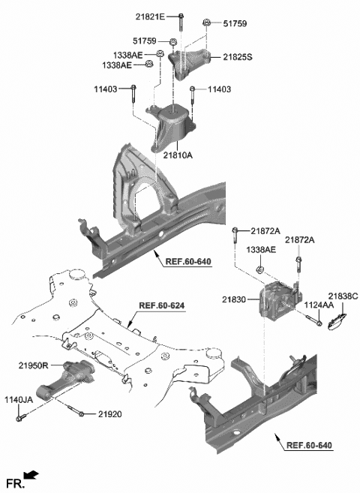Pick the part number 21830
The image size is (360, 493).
(234, 299)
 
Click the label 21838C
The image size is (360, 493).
(343, 296)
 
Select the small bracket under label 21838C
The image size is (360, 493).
(336, 321)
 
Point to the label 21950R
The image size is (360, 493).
(34, 365)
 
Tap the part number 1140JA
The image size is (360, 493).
(18, 401)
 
